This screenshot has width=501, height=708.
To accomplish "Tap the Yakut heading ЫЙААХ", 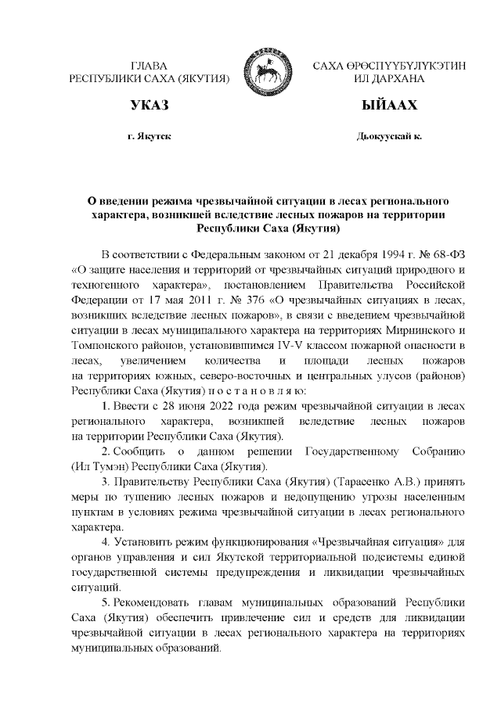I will click(389, 106).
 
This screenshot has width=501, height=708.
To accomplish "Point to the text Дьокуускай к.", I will click(389, 136).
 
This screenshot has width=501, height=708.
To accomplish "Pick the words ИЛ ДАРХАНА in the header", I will click(389, 79).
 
